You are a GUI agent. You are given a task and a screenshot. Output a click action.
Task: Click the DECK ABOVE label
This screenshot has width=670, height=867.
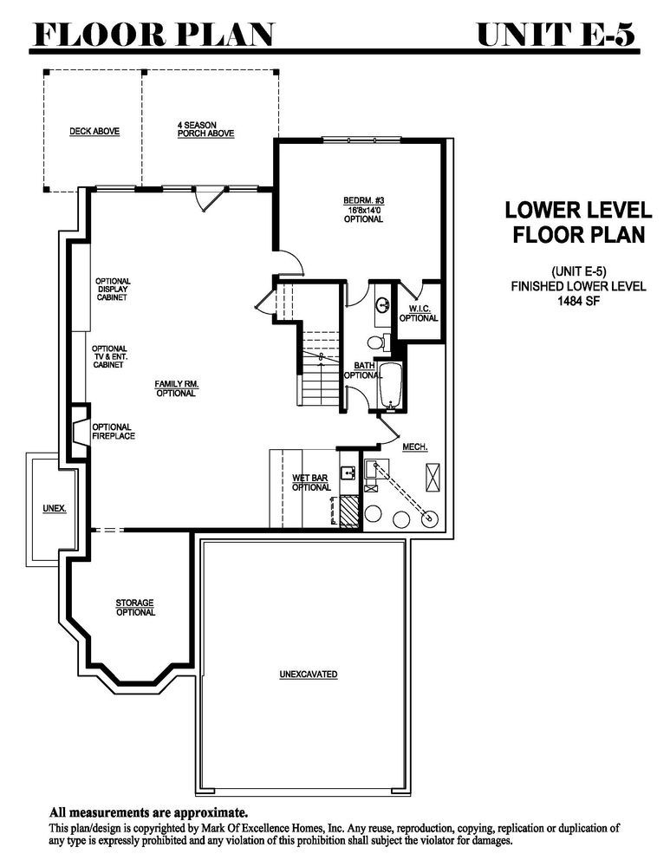point(94,132)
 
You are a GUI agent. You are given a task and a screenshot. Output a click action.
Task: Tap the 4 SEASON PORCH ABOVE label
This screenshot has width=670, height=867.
point(205,129)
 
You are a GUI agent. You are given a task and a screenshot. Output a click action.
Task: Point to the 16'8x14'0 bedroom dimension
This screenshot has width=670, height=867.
point(363,210)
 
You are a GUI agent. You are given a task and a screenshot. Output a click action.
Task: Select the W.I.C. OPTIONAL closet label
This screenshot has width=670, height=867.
point(419,314)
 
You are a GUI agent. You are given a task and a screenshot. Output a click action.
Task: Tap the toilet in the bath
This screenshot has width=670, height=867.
point(378,342)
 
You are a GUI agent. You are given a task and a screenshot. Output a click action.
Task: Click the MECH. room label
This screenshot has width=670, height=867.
point(414,447)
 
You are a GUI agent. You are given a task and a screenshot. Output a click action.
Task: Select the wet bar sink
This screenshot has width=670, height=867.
point(348,473)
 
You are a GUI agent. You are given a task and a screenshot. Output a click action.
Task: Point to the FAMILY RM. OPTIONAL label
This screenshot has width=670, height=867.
point(176,388)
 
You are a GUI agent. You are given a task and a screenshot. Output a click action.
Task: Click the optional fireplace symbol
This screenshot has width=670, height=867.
point(79,431)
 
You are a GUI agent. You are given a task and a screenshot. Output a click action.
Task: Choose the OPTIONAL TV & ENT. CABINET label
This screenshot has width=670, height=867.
point(109,356)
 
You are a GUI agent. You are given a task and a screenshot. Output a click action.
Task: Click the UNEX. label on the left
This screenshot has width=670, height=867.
point(55,507)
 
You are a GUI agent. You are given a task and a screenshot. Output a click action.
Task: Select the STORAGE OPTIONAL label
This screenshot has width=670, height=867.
point(135,608)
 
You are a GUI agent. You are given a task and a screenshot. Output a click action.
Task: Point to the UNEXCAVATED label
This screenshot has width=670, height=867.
point(308,675)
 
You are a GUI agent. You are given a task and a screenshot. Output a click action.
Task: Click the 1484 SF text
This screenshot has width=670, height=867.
point(578,302)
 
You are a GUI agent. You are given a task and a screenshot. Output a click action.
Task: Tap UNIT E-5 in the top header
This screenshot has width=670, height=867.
point(556,35)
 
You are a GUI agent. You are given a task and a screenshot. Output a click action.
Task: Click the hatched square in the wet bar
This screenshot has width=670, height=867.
point(349,511)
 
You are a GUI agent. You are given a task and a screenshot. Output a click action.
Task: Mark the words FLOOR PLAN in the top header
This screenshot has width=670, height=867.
point(154,35)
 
